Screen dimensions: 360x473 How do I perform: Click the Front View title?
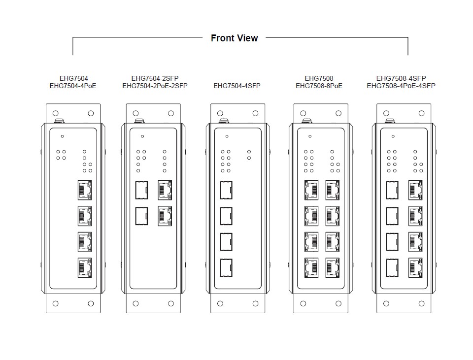coord(234,38)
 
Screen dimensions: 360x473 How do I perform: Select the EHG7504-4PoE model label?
coord(73,86)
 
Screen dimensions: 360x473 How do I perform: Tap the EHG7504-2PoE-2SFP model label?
coord(155,86)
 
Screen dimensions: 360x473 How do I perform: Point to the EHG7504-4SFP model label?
coord(236,86)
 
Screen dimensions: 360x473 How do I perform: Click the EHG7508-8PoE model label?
coord(319,86)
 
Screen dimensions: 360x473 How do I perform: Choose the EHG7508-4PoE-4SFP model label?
coord(401,86)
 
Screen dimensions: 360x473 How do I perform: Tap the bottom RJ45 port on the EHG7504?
coord(85,267)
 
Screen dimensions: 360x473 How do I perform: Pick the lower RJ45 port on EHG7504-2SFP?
coord(165,216)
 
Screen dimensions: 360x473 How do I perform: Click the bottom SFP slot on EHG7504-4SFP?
coord(226,267)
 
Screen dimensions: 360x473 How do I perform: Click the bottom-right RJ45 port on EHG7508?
coord(333,267)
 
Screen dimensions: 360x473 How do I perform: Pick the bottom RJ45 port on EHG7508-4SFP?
coord(415,267)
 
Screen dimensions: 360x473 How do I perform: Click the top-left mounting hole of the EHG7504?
coord(56,113)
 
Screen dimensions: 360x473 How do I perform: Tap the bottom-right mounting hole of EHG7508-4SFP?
coord(421,303)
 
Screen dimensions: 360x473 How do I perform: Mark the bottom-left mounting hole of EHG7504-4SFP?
coord(220,303)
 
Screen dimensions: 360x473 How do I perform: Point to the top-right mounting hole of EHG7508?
coord(338,113)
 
